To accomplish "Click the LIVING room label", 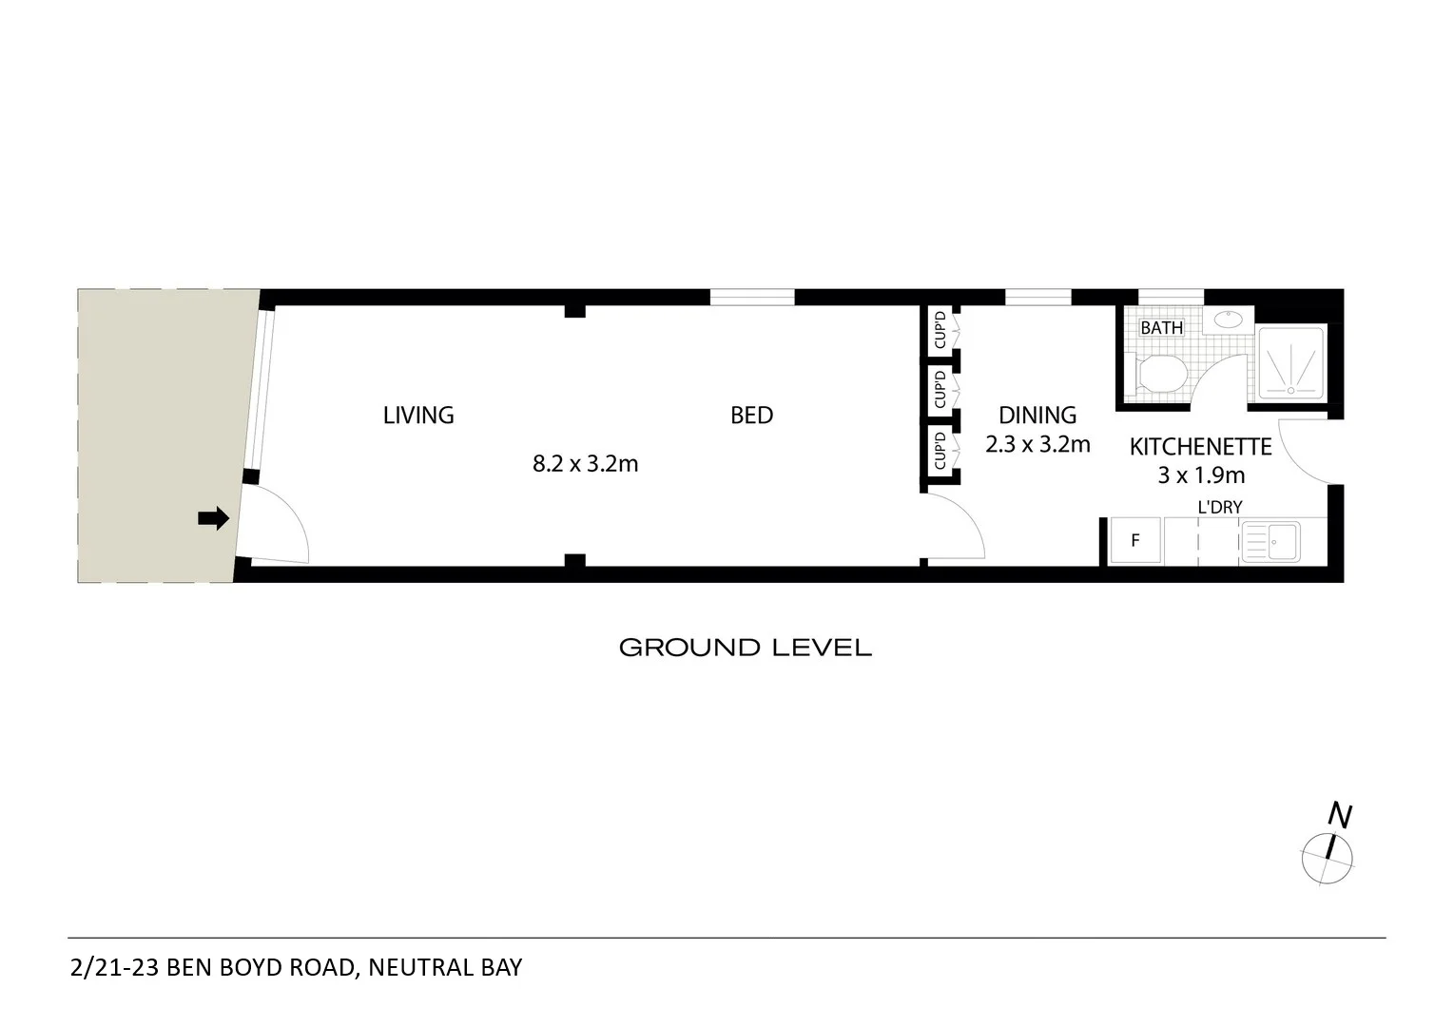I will pos(418,416).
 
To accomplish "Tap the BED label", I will pos(751,416).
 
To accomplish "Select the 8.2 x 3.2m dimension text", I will pos(585,464).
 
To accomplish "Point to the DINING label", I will pos(1037,416).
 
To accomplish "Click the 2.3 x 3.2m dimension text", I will pos(1037,444).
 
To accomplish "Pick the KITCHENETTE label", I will pos(1200,447).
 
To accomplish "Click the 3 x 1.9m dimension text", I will pos(1201,475).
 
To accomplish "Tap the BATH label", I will pos(1161,328).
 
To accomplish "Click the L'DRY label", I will pos(1219,507).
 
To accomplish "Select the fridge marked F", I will pos(1135,541).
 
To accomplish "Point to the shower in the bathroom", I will pos(1290,362).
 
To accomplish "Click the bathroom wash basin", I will pos(1228,320).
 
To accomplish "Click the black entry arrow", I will pos(214,518).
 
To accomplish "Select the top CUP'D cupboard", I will pos(940,329).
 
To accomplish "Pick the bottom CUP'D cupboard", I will pos(940,450).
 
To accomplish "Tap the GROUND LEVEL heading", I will pos(745,649).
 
